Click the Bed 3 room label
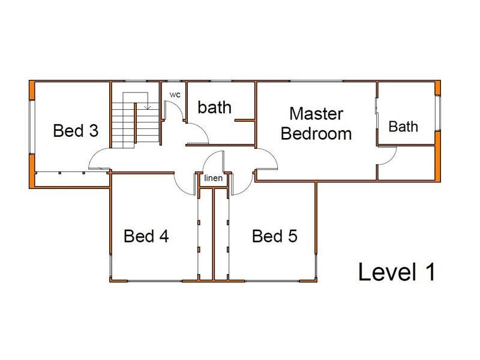click(76, 130)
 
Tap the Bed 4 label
click(146, 236)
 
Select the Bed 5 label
click(275, 236)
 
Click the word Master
click(316, 113)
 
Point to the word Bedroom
click(316, 134)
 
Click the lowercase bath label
click(214, 107)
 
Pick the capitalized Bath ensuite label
click(403, 127)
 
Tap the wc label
click(175, 95)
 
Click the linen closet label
click(213, 178)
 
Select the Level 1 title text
click(397, 272)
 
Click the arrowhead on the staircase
click(148, 107)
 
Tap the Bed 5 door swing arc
click(247, 188)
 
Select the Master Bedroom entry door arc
click(273, 155)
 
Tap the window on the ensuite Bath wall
click(438, 113)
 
